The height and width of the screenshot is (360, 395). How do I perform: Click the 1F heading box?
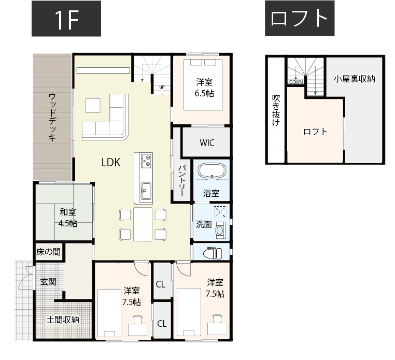(66, 19)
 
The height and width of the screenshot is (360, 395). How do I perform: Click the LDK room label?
(111, 162)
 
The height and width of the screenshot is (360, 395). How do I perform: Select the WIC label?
(207, 143)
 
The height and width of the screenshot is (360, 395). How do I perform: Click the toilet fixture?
(213, 252)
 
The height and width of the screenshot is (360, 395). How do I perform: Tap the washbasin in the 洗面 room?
(220, 229)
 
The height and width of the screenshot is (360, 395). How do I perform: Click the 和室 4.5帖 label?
(68, 217)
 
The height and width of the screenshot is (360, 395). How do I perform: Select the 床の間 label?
(48, 252)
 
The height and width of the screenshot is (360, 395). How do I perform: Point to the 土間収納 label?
(63, 320)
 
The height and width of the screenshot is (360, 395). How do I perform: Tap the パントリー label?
(182, 181)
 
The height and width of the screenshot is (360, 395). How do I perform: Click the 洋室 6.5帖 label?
(205, 87)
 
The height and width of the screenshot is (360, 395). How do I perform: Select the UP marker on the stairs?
(162, 87)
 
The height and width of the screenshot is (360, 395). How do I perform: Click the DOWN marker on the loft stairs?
(296, 82)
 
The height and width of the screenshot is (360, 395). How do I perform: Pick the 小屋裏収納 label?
(355, 79)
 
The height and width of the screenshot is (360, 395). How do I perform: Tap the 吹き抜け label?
(276, 110)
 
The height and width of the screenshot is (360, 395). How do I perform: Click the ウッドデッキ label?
(53, 117)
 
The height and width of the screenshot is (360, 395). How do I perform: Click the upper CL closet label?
(161, 284)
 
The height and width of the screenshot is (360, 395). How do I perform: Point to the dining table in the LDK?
(143, 224)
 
